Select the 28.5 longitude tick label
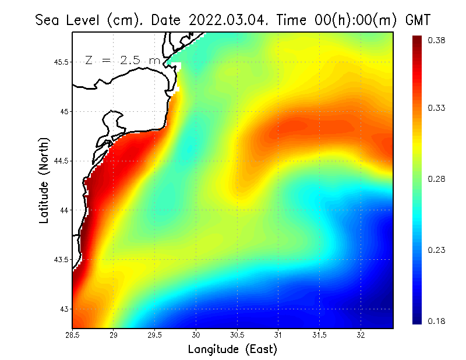[x=72, y=336]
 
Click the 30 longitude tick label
[x=196, y=336]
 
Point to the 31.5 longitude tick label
[x=319, y=336]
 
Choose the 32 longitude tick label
[x=361, y=336]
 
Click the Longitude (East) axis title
[x=232, y=350]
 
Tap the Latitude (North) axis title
[x=44, y=181]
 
